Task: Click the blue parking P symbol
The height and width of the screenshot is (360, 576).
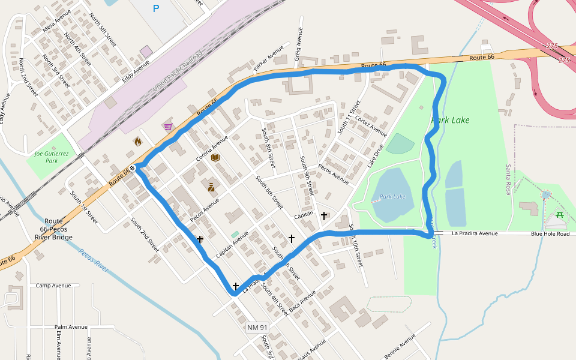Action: click(157, 8)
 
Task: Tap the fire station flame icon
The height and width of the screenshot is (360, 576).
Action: click(137, 142)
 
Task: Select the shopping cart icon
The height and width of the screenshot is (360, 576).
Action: click(168, 127)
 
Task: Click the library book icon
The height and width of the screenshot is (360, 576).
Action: click(215, 158)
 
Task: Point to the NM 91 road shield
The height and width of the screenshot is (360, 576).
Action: click(257, 327)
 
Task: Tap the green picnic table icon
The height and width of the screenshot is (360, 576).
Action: click(559, 214)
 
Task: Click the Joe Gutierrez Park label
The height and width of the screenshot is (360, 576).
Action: click(50, 157)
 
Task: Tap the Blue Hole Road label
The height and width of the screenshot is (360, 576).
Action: click(550, 234)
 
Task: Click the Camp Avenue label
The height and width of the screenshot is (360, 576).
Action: click(53, 286)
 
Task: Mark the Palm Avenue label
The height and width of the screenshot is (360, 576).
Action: click(71, 327)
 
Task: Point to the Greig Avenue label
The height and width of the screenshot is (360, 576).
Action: click(298, 35)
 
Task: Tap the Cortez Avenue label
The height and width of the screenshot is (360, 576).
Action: click(371, 125)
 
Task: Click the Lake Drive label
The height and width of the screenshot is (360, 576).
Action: click(375, 155)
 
